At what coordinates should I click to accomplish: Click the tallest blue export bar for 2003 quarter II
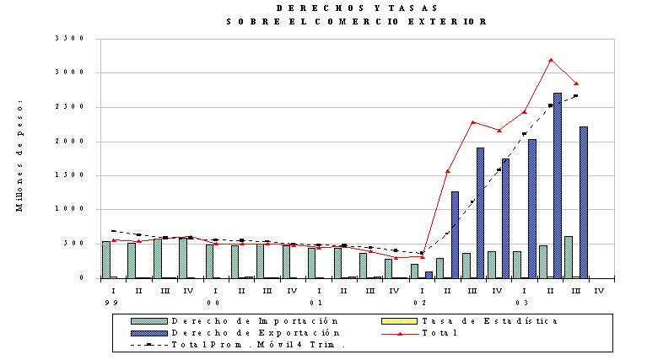557,185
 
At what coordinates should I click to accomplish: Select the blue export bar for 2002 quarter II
455,234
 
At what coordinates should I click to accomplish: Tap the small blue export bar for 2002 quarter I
429,275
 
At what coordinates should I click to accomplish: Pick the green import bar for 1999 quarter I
106,260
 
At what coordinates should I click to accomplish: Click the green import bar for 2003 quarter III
569,257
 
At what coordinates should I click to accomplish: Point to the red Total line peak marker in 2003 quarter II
551,60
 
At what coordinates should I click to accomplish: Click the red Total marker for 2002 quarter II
448,171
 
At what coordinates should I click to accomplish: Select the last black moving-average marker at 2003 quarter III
576,95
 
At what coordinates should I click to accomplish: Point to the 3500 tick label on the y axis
69,38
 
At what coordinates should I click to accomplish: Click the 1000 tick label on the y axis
69,208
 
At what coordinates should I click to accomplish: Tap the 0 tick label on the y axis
82,277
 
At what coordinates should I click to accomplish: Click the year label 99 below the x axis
111,303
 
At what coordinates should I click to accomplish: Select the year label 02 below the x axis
420,303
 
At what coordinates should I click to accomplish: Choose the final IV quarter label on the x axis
599,291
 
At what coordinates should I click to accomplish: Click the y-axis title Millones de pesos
19,155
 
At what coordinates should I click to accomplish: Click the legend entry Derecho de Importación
235,321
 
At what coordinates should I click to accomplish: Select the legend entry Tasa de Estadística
470,321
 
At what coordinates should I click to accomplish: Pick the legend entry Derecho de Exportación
235,333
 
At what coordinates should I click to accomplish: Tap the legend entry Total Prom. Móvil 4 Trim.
238,344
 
